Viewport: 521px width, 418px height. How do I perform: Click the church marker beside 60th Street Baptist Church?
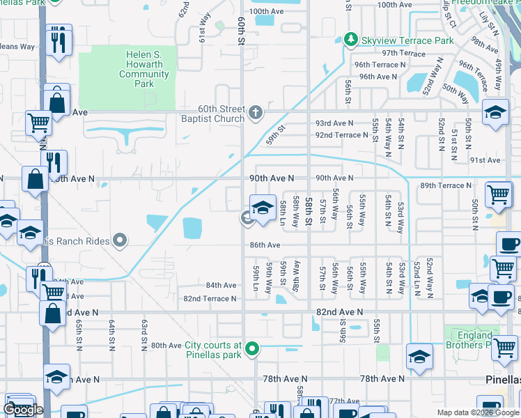pyautogui.click(x=256, y=111)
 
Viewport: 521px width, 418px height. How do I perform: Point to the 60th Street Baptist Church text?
pyautogui.click(x=212, y=114)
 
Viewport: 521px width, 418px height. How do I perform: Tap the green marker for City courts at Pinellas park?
pyautogui.click(x=253, y=349)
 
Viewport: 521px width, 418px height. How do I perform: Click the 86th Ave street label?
pyautogui.click(x=265, y=245)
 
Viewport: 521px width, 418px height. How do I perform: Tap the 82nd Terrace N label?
pyautogui.click(x=210, y=298)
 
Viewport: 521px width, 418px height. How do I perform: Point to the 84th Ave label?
pyautogui.click(x=221, y=285)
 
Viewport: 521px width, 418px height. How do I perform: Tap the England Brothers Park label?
pyautogui.click(x=474, y=340)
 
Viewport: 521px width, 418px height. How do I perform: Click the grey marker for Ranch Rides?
pyautogui.click(x=120, y=241)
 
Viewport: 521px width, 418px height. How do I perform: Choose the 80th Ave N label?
pyautogui.click(x=166, y=345)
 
